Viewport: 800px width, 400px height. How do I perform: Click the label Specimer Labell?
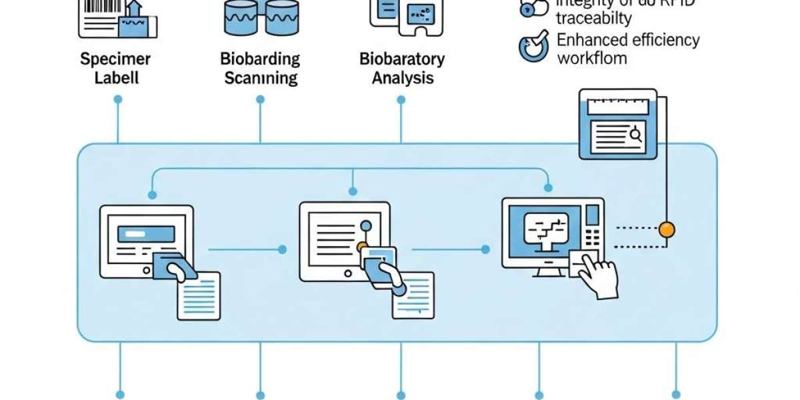115,67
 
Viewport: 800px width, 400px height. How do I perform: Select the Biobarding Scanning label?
260,67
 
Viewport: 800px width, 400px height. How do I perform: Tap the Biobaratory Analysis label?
402,67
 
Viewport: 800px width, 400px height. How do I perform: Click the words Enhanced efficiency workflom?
627,49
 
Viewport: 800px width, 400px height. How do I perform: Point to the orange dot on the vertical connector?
666,230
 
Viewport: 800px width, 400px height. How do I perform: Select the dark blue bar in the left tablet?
146,233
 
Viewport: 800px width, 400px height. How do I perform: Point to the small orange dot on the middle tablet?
362,247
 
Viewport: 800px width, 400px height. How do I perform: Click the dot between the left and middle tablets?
282,249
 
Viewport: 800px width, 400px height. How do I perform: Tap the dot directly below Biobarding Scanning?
260,99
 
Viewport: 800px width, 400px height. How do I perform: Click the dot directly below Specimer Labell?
118,99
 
